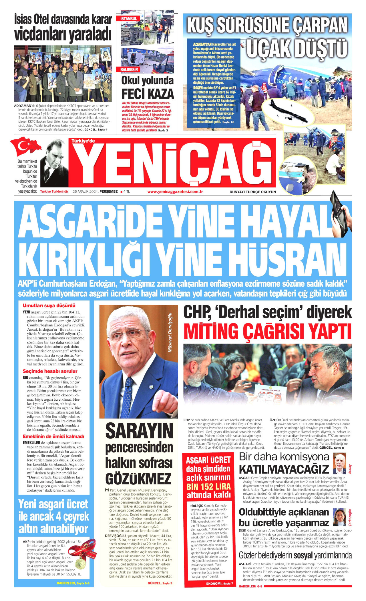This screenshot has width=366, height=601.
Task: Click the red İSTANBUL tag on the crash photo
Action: tap(129, 19)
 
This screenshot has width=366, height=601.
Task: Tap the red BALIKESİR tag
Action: tap(129, 69)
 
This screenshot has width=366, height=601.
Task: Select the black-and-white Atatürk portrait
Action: tap(54, 163)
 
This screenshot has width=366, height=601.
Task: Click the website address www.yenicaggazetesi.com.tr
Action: tap(175, 191)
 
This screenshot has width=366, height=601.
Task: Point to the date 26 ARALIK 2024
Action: tap(85, 191)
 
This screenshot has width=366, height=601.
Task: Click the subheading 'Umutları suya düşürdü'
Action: tap(49, 306)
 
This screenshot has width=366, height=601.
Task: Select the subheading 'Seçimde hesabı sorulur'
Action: tap(50, 371)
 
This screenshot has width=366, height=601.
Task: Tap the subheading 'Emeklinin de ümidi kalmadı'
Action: tap(53, 436)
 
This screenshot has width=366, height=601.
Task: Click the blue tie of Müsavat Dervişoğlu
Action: tap(128, 395)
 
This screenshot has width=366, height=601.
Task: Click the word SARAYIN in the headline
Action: tap(139, 431)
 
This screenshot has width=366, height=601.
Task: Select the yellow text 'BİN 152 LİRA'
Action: tap(208, 486)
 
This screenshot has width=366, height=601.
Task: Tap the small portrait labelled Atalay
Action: tap(340, 463)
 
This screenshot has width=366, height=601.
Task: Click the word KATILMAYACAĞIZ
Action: tap(284, 469)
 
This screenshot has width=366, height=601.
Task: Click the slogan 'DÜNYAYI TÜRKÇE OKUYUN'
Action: tap(252, 192)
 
